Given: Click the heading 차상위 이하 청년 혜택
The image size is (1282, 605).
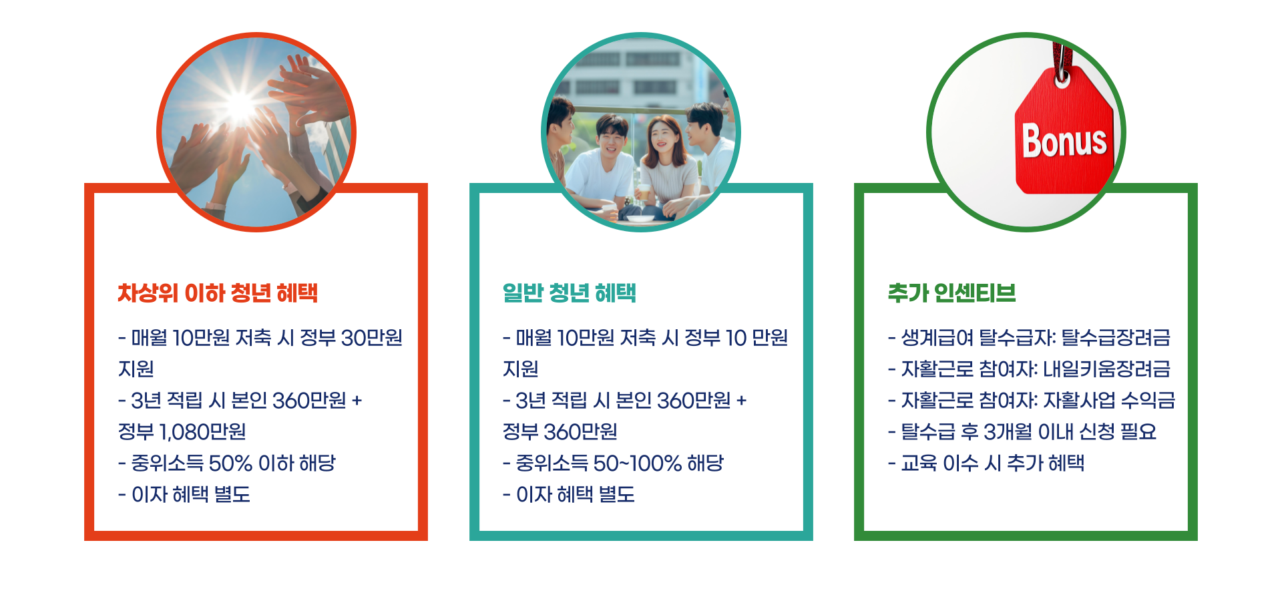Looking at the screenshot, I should point(218,293).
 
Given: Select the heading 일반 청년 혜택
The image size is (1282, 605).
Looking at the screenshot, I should point(569,293).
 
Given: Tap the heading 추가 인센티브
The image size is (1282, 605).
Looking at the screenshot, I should point(951,293).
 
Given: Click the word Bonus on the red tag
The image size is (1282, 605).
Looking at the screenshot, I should point(1064,141).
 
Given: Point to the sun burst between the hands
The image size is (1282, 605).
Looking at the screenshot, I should point(240,105).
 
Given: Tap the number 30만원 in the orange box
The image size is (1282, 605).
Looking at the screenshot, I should point(371,338).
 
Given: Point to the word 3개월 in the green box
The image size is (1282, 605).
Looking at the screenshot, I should point(1008,432).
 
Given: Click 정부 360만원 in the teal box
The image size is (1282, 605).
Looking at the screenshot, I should point(560,432).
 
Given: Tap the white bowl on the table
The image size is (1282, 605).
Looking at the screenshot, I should point(640,216).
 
